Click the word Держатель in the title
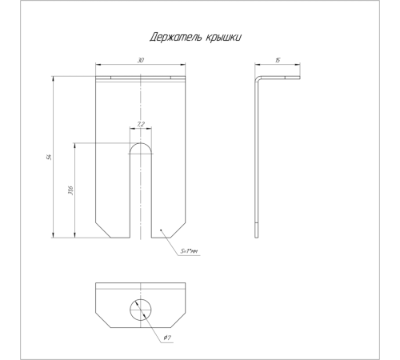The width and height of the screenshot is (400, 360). pyautogui.click(x=175, y=37)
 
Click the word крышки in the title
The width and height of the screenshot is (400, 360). pyautogui.click(x=224, y=38)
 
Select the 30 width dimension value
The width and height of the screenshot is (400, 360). pyautogui.click(x=141, y=60)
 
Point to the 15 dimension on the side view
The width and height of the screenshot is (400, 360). pyautogui.click(x=278, y=60)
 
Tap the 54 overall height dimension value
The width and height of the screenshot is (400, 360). pyautogui.click(x=49, y=157)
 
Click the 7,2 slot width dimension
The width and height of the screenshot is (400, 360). pyautogui.click(x=141, y=124)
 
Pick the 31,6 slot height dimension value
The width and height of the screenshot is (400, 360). pyautogui.click(x=70, y=190)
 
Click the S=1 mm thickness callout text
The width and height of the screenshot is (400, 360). pyautogui.click(x=190, y=251)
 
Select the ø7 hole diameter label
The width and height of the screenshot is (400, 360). pyautogui.click(x=167, y=338)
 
